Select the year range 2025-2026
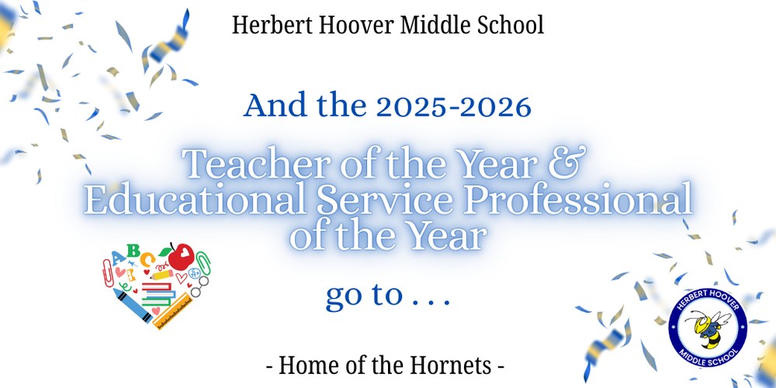coord(455,106)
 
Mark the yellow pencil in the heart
coord(161,274)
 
